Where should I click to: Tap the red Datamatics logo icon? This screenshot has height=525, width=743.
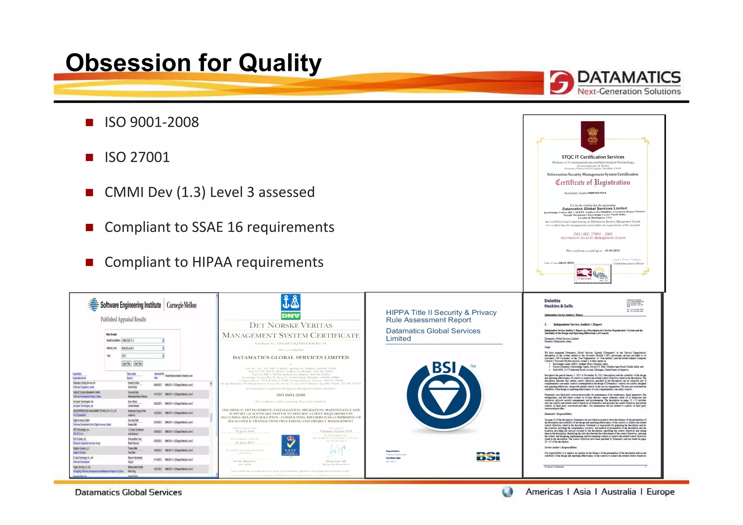(561, 82)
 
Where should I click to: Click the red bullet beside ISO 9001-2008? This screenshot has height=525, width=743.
(89, 123)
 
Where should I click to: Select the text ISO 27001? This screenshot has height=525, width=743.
(137, 157)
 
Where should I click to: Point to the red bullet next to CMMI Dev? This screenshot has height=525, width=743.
(89, 193)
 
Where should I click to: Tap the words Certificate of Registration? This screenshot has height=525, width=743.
(592, 182)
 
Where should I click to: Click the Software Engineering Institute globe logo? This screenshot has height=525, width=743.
(93, 305)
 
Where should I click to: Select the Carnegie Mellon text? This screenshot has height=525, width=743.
(181, 305)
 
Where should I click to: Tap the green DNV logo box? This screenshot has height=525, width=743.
(291, 316)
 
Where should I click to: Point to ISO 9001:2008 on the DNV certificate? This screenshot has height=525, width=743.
(291, 395)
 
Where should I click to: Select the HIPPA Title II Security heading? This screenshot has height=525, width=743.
(441, 316)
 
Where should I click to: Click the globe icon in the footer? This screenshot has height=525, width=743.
(507, 492)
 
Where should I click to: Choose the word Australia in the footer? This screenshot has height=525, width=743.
(618, 492)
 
